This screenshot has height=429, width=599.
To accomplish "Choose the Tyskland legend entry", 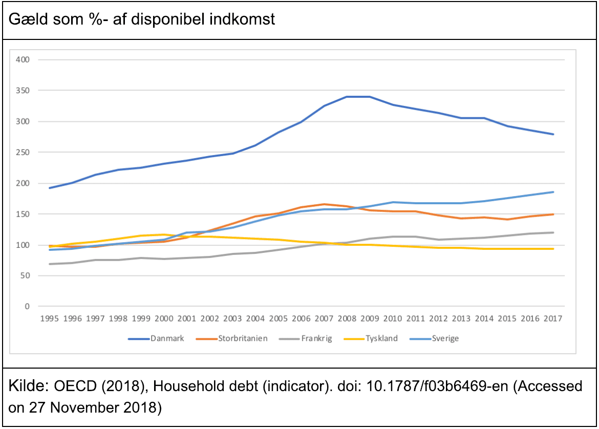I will pyautogui.click(x=381, y=338).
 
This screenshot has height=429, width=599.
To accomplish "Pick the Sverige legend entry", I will pyautogui.click(x=444, y=338).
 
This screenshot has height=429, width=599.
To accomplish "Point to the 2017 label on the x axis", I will pyautogui.click(x=552, y=318).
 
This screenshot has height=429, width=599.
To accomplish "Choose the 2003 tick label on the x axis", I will pyautogui.click(x=232, y=318).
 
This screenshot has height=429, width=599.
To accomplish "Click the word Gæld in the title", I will pyautogui.click(x=25, y=20).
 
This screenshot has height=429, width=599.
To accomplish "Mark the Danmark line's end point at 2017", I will pyautogui.click(x=553, y=134).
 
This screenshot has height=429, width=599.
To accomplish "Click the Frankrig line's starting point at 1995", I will pyautogui.click(x=50, y=264).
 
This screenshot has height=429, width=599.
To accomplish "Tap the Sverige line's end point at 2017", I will pyautogui.click(x=553, y=192).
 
